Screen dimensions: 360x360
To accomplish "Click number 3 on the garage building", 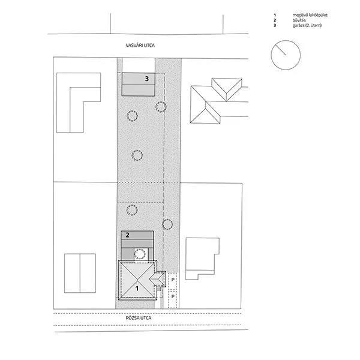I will tap(146, 79).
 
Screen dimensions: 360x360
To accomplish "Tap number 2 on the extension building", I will tap(127, 235).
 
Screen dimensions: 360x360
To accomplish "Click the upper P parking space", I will tap(173, 280).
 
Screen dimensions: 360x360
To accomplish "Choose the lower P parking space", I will tap(173, 296).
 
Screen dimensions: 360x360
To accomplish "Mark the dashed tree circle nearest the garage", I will tap(160, 107).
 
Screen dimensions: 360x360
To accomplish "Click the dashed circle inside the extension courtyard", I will tap(139, 254).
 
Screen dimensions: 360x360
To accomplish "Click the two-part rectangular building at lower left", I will tap(80, 273).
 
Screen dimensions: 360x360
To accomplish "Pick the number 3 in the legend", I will tap(274, 26).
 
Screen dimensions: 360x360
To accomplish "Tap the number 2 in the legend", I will tap(274, 20).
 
